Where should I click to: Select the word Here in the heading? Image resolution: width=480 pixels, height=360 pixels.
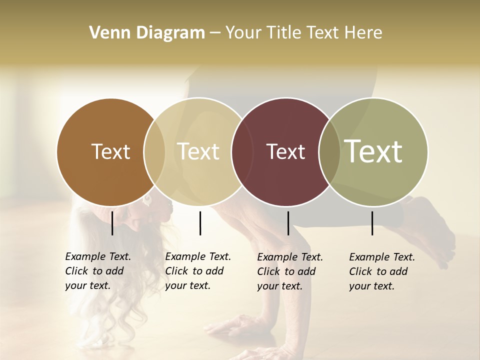tap(365, 33)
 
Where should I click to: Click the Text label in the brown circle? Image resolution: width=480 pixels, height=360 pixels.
tap(110, 151)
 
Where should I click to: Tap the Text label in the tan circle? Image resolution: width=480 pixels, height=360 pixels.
tap(198, 151)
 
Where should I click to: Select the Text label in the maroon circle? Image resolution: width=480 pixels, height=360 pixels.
tap(285, 151)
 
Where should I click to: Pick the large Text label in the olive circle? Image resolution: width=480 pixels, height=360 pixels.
tap(373, 151)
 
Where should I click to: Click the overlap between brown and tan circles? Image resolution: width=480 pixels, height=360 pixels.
tap(154, 151)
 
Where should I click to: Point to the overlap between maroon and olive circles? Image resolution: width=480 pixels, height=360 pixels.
tap(329, 151)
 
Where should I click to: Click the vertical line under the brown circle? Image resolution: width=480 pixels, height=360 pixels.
tap(112, 223)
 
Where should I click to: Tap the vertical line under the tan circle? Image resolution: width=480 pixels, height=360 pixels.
tap(200, 223)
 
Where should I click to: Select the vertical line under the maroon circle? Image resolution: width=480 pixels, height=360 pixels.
tap(288, 223)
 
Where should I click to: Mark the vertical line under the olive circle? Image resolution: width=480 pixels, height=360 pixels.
tap(372, 223)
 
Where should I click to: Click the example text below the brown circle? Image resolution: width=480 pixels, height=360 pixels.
tap(97, 271)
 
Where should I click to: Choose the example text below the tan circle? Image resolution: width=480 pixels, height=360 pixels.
tap(197, 271)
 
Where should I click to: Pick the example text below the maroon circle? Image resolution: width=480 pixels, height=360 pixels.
tap(289, 271)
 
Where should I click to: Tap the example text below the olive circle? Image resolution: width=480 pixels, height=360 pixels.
tap(381, 271)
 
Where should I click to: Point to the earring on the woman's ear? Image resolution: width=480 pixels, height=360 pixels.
tap(147, 200)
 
